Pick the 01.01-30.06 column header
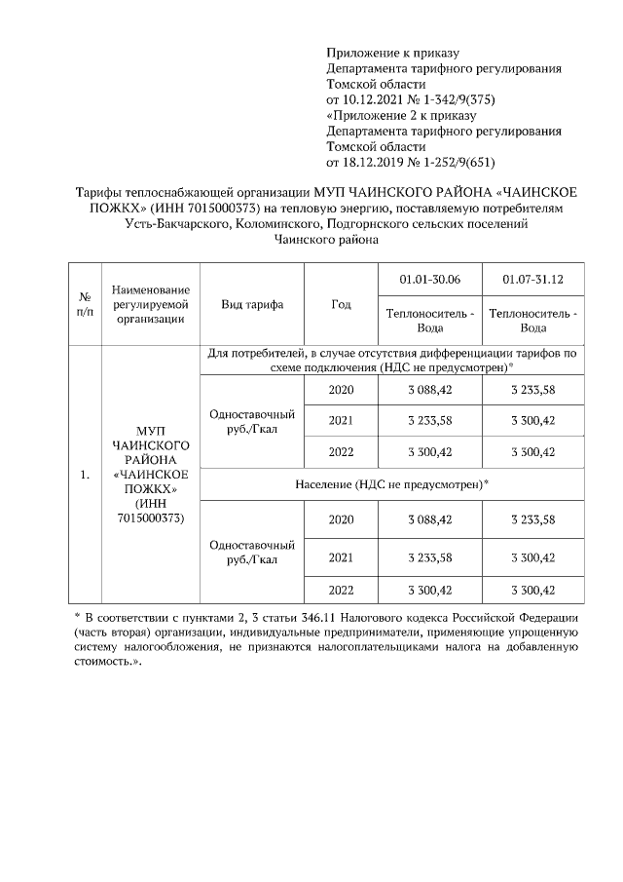429,281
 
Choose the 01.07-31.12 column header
532,281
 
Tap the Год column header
341,304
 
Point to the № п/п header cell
84,304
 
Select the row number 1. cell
84,476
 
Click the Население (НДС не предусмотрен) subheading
391,483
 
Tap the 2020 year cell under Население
341,519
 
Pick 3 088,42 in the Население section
429,519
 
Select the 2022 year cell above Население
341,452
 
